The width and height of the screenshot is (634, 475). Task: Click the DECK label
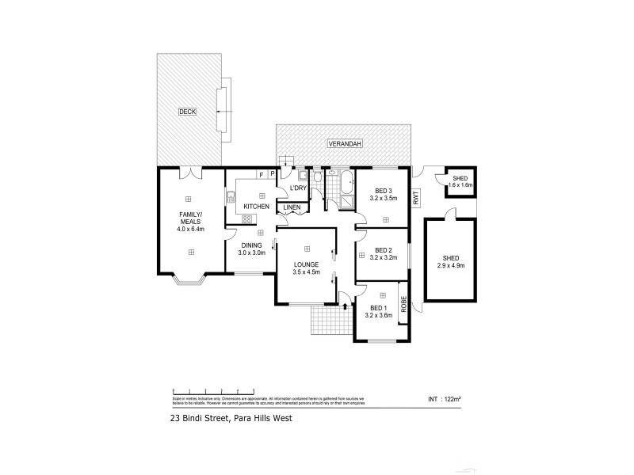click(187, 112)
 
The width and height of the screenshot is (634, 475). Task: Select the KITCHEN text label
click(257, 207)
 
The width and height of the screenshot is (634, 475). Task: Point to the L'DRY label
click(298, 188)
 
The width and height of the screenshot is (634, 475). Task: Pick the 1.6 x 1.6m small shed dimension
click(460, 185)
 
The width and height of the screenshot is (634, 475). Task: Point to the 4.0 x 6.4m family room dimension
click(191, 230)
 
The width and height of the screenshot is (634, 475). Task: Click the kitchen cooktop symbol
click(246, 218)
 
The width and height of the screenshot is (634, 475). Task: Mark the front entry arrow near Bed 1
click(346, 304)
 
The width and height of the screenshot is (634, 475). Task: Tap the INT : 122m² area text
click(444, 399)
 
